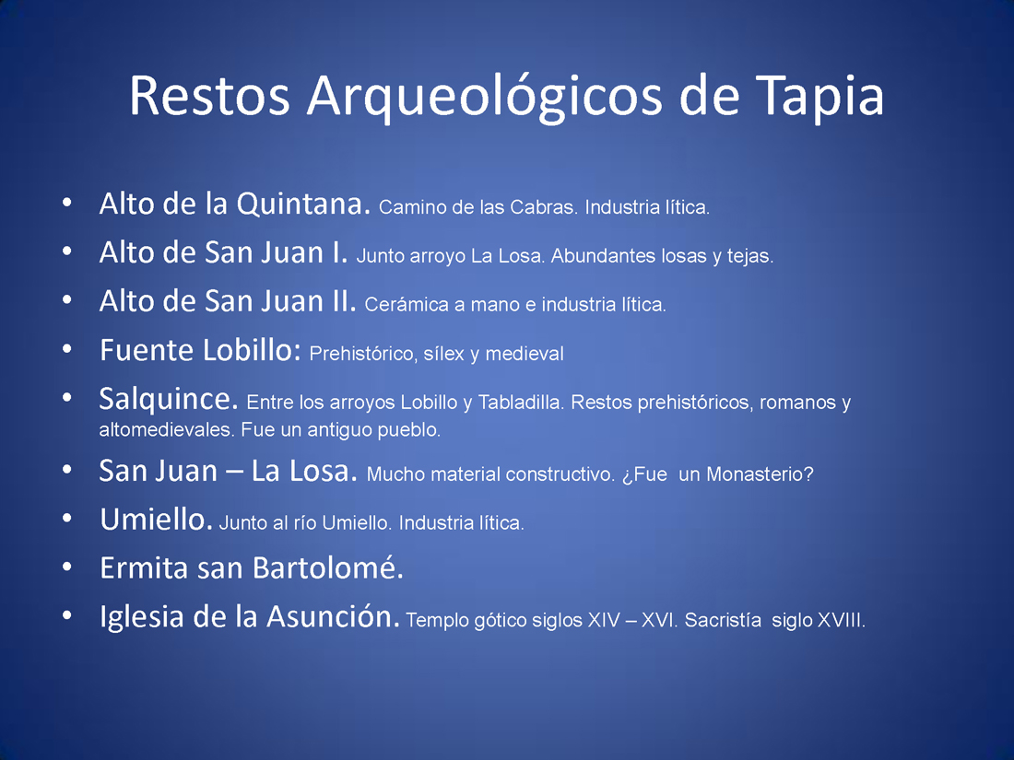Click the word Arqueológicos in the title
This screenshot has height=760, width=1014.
485,97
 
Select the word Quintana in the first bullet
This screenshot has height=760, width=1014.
303,204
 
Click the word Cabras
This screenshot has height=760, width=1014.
544,206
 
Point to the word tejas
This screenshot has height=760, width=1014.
750,256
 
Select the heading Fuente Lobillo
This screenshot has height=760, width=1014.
200,350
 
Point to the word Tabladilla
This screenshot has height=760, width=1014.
521,402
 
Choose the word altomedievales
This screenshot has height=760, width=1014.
167,430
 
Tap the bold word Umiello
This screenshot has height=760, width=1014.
156,520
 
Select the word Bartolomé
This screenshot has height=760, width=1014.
328,568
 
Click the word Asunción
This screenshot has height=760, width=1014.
334,616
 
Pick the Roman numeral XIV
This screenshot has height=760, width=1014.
604,620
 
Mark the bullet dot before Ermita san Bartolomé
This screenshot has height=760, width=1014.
66,567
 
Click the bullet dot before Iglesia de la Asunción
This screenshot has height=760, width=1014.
66,615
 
